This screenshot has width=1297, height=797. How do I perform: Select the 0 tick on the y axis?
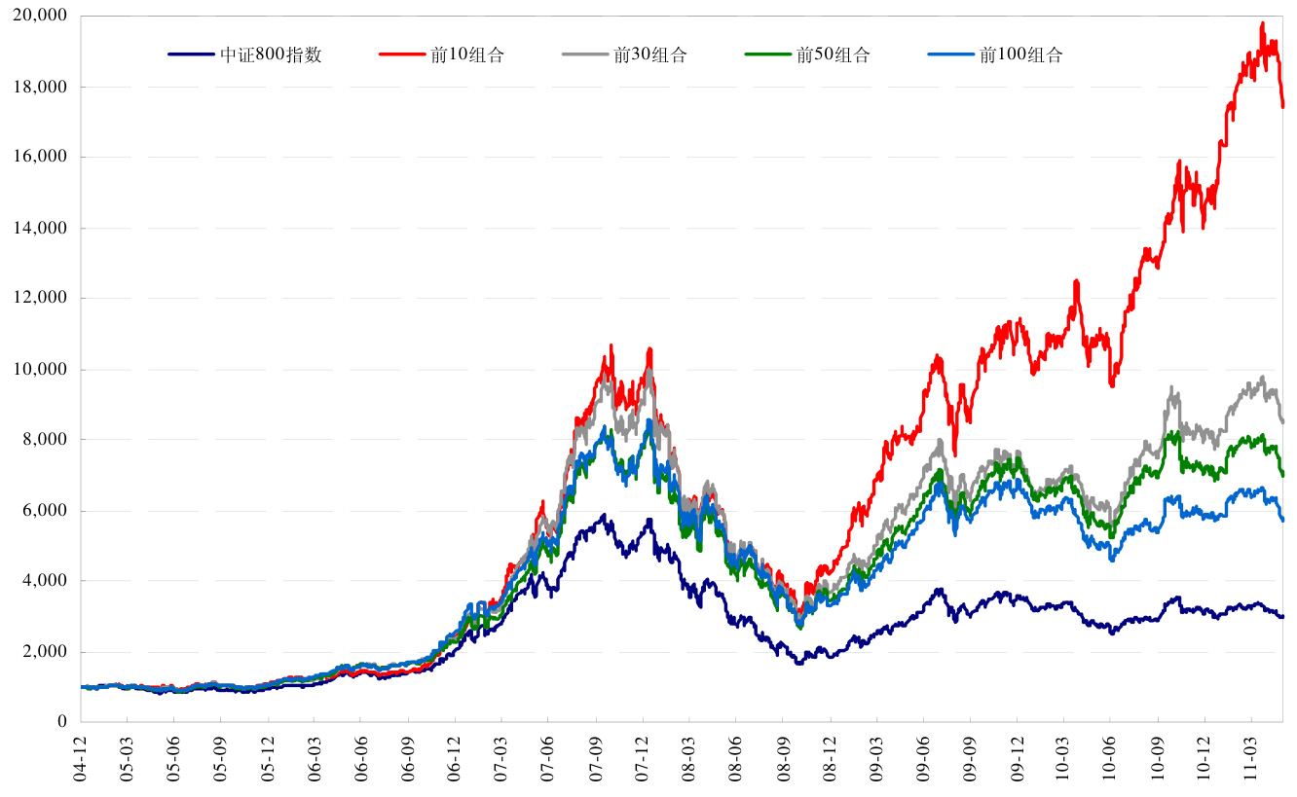60,722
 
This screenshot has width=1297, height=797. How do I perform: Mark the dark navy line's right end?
1282,616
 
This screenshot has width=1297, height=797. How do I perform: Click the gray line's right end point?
1282,421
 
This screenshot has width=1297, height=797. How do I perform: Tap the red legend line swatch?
398,55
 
